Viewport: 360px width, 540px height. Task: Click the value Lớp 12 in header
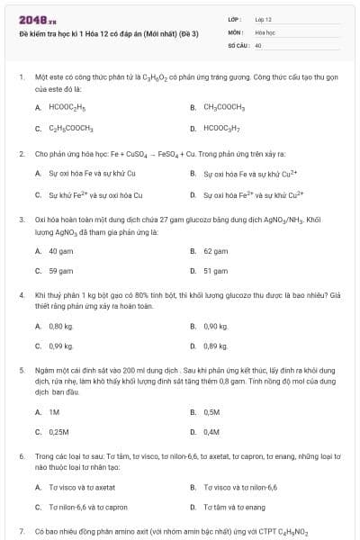point(264,19)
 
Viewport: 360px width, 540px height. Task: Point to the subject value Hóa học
point(265,31)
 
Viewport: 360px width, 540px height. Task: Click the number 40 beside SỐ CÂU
point(258,44)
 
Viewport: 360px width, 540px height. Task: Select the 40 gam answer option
point(60,251)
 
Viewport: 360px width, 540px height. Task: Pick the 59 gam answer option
point(60,270)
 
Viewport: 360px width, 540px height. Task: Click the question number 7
point(21,532)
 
